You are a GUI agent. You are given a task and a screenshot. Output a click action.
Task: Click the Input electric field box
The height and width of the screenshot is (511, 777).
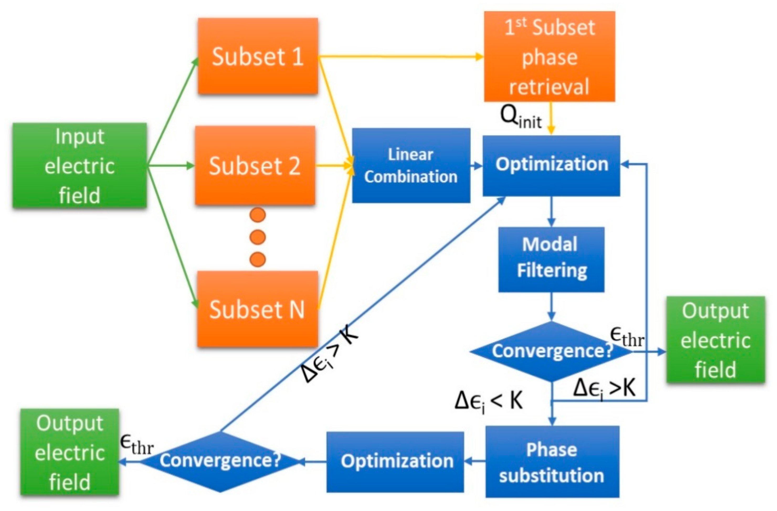[x=79, y=166]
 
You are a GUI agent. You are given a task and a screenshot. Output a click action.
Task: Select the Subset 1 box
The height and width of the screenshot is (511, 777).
[x=258, y=56]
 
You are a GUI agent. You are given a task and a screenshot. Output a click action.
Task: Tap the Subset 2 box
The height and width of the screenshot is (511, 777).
[x=255, y=166]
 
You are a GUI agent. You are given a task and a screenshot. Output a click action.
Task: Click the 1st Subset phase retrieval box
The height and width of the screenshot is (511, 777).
[x=549, y=56]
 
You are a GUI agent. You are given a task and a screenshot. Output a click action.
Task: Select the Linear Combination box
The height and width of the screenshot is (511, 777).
[x=411, y=166]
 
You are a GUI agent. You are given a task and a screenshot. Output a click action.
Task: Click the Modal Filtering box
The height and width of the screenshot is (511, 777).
[x=551, y=259]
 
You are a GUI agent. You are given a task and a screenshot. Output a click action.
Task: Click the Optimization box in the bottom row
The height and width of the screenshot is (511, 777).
[x=395, y=462]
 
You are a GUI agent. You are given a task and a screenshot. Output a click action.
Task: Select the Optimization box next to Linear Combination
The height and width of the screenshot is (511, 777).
[x=551, y=166]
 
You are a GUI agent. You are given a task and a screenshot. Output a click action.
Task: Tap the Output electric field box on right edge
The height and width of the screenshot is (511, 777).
[x=715, y=339]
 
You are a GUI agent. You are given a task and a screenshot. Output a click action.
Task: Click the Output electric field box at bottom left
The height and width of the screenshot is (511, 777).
[x=70, y=452]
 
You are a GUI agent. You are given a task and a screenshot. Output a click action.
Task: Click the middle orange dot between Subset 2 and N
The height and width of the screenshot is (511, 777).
[x=258, y=237]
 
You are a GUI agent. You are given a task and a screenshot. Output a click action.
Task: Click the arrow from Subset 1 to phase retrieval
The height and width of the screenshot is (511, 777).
[x=401, y=57]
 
